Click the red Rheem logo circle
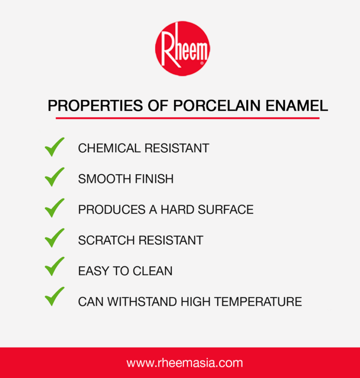point(182,48)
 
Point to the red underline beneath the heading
point(188,118)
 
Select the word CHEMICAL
point(109,148)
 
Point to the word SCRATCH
point(106,240)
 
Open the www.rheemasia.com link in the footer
point(185,362)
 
